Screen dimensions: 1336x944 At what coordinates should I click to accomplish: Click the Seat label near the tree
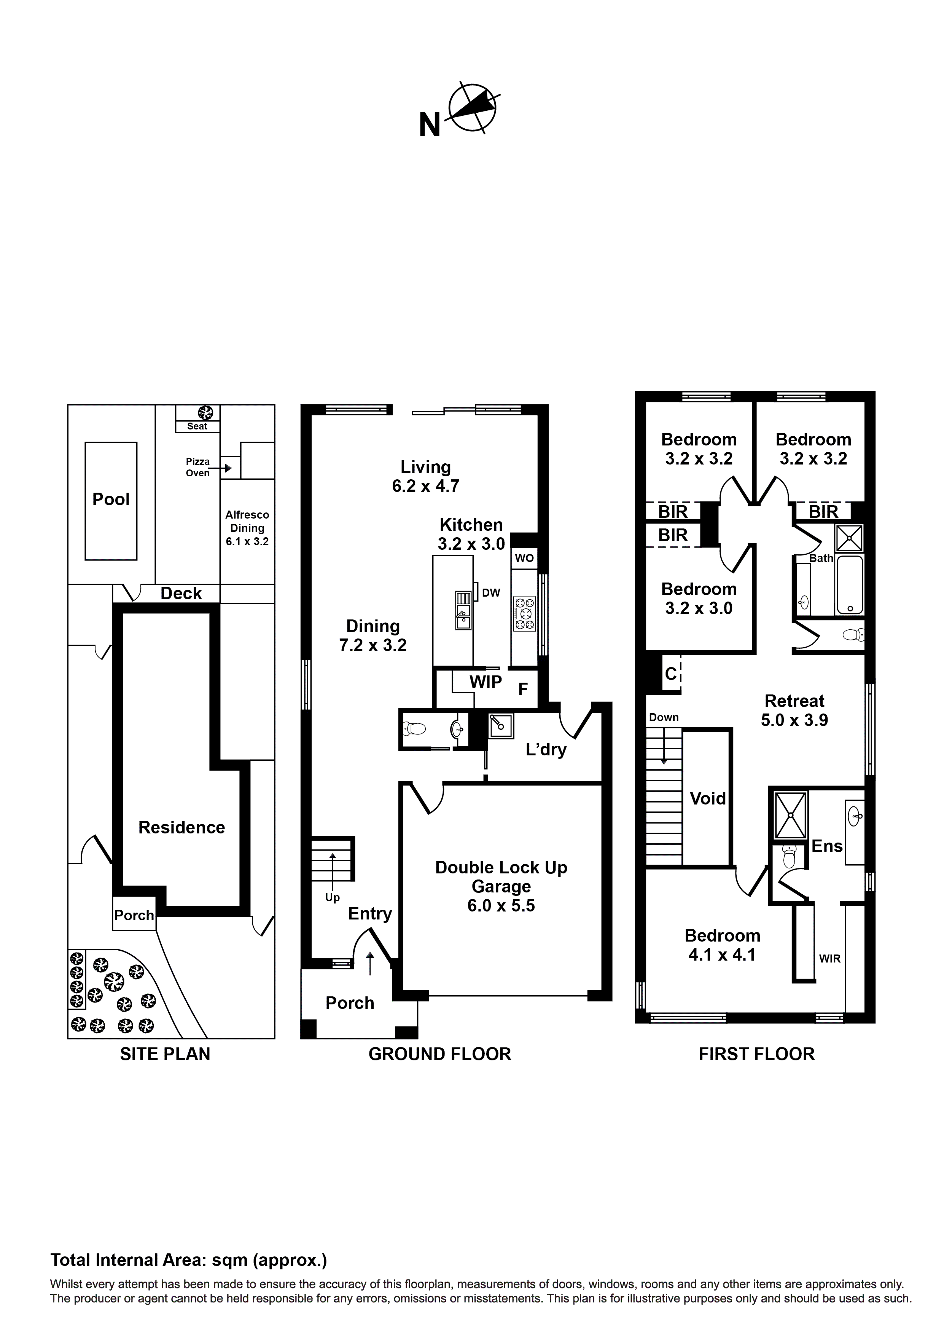pos(197,426)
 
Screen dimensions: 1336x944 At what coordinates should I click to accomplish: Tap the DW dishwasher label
pos(491,593)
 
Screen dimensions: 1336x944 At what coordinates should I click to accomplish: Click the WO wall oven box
pos(524,558)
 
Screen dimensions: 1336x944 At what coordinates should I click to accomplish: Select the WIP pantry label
pos(486,682)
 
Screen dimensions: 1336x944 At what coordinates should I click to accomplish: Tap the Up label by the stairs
pos(332,897)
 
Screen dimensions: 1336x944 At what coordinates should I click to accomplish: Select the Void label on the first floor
pos(707,798)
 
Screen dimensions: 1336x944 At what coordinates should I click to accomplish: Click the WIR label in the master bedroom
pos(829,958)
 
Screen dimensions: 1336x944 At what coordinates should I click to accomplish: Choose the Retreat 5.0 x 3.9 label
pos(794,710)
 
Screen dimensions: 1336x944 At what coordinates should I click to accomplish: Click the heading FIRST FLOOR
pos(756,1054)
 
